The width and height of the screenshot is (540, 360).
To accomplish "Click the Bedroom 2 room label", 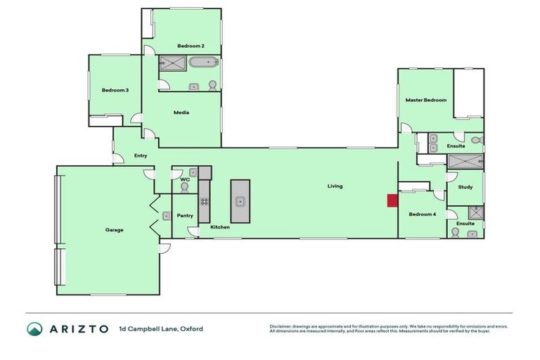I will [191, 46].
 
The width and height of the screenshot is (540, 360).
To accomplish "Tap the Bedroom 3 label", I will [115, 90].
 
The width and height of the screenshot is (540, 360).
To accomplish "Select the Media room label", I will [181, 112].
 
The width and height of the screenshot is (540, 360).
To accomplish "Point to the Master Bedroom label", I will [425, 100].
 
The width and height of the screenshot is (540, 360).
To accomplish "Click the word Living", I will [335, 186].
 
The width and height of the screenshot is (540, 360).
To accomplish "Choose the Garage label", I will [115, 230].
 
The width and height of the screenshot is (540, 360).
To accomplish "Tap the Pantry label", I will [185, 216].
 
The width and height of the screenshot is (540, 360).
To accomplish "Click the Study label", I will [465, 187].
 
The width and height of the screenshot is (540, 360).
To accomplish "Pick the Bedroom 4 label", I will [422, 214].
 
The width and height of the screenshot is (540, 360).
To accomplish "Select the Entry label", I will [140, 155].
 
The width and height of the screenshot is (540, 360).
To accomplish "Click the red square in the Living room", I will [392, 200].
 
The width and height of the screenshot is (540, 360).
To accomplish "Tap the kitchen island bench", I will [240, 201].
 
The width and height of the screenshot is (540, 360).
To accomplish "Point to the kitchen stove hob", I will [204, 201].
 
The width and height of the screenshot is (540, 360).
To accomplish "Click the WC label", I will [186, 179].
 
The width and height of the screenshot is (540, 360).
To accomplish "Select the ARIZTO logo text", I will [78, 328].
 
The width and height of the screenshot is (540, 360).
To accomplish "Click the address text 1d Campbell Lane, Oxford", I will [161, 328].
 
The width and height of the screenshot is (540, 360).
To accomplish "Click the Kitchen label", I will [220, 227].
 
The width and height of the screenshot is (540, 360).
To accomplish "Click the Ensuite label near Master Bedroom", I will [456, 146].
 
